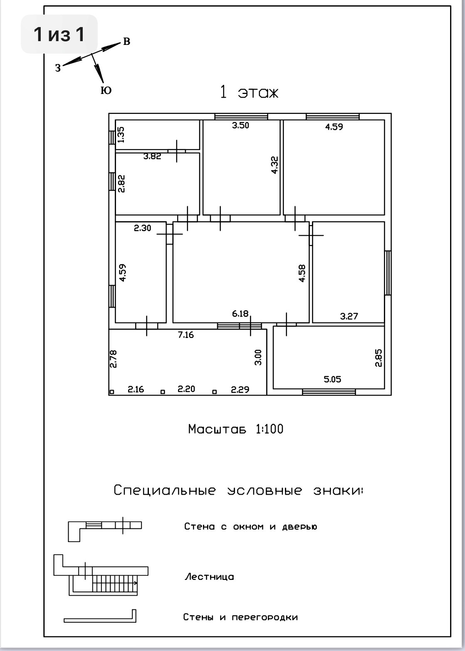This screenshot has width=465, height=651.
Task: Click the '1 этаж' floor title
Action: (x=249, y=93)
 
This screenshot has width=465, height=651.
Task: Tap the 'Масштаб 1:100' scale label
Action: (x=235, y=429)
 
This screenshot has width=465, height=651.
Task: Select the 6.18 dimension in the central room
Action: (x=240, y=313)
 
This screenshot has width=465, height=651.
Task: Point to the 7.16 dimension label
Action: (x=186, y=335)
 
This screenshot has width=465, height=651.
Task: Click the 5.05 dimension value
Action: (x=332, y=379)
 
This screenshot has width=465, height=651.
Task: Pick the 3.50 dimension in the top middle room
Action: (x=240, y=125)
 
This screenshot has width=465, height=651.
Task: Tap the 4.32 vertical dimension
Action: (x=274, y=164)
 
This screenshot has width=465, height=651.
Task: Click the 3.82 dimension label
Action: (x=152, y=157)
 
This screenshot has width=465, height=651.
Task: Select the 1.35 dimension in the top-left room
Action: (x=121, y=135)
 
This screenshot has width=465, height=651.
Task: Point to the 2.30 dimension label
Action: (x=142, y=228)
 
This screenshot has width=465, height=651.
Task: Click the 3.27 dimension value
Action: (x=349, y=316)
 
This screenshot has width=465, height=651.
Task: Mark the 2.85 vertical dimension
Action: (x=378, y=358)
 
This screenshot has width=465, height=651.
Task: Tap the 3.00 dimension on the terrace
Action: (x=258, y=357)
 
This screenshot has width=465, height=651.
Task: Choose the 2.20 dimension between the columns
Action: (x=186, y=389)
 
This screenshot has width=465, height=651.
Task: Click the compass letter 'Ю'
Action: (x=106, y=91)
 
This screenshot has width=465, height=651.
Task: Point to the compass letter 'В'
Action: (x=126, y=42)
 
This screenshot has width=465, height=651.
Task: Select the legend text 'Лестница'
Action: (x=209, y=577)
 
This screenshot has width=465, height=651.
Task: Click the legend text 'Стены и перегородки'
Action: (x=240, y=617)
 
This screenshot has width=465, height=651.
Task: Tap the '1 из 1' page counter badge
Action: (x=59, y=34)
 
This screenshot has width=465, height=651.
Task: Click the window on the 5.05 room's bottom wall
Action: (x=329, y=392)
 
